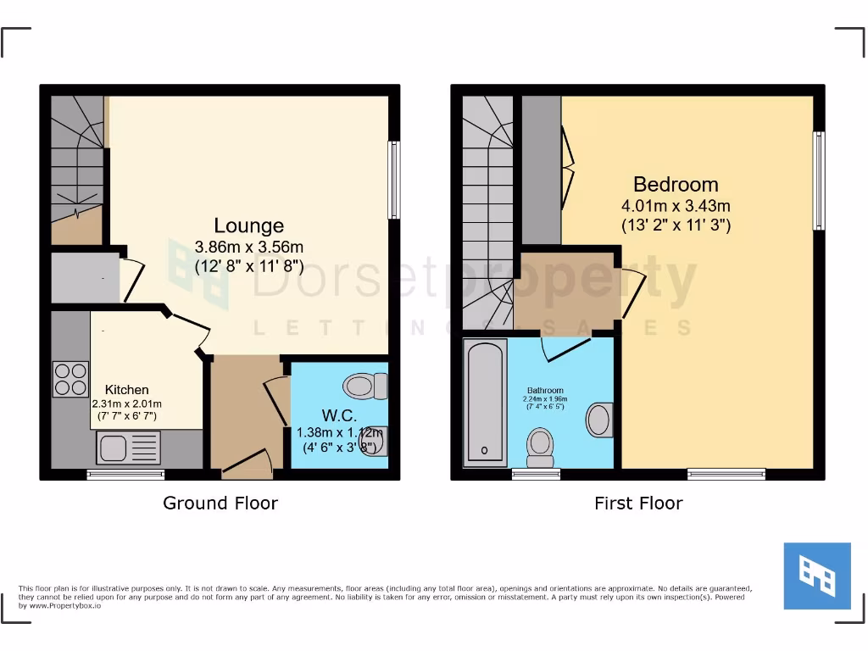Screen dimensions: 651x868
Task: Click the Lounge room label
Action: click(248, 226)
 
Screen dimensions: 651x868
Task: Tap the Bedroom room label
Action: click(676, 185)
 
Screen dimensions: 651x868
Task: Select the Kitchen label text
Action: click(127, 390)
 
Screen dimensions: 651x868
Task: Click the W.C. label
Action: click(339, 416)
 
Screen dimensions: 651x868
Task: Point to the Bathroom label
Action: click(545, 391)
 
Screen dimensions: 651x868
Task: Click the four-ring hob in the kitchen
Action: click(70, 379)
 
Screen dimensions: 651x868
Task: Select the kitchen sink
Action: click(128, 448)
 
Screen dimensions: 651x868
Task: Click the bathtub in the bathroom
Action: click(486, 402)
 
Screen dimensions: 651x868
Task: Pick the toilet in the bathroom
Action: click(540, 447)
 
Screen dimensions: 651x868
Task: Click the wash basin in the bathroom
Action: click(601, 420)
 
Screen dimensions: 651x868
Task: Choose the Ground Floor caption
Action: click(220, 503)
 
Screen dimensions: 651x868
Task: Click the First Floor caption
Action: click(638, 503)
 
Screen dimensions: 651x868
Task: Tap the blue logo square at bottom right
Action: click(816, 576)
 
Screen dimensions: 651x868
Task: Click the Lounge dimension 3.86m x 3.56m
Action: click(249, 248)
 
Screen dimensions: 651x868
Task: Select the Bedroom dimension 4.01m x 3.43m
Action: click(676, 205)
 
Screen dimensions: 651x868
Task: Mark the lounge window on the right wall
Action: click(393, 180)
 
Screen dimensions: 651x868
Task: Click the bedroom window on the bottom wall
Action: click(726, 474)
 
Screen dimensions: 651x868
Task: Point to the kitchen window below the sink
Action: click(125, 475)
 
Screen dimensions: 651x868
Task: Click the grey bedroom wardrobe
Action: click(541, 170)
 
